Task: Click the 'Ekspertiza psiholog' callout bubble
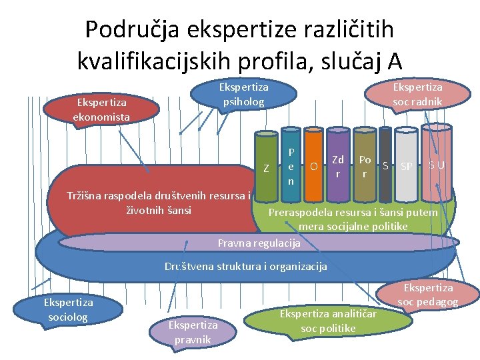[244, 94]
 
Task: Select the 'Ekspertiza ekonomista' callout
[101, 109]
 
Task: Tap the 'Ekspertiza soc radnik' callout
[417, 94]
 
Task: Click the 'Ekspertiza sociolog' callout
[67, 309]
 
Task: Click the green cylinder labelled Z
[267, 168]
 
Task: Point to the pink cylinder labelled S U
[437, 165]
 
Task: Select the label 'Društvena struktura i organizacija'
[246, 267]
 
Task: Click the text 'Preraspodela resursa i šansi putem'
[353, 213]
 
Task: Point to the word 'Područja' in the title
[133, 29]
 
